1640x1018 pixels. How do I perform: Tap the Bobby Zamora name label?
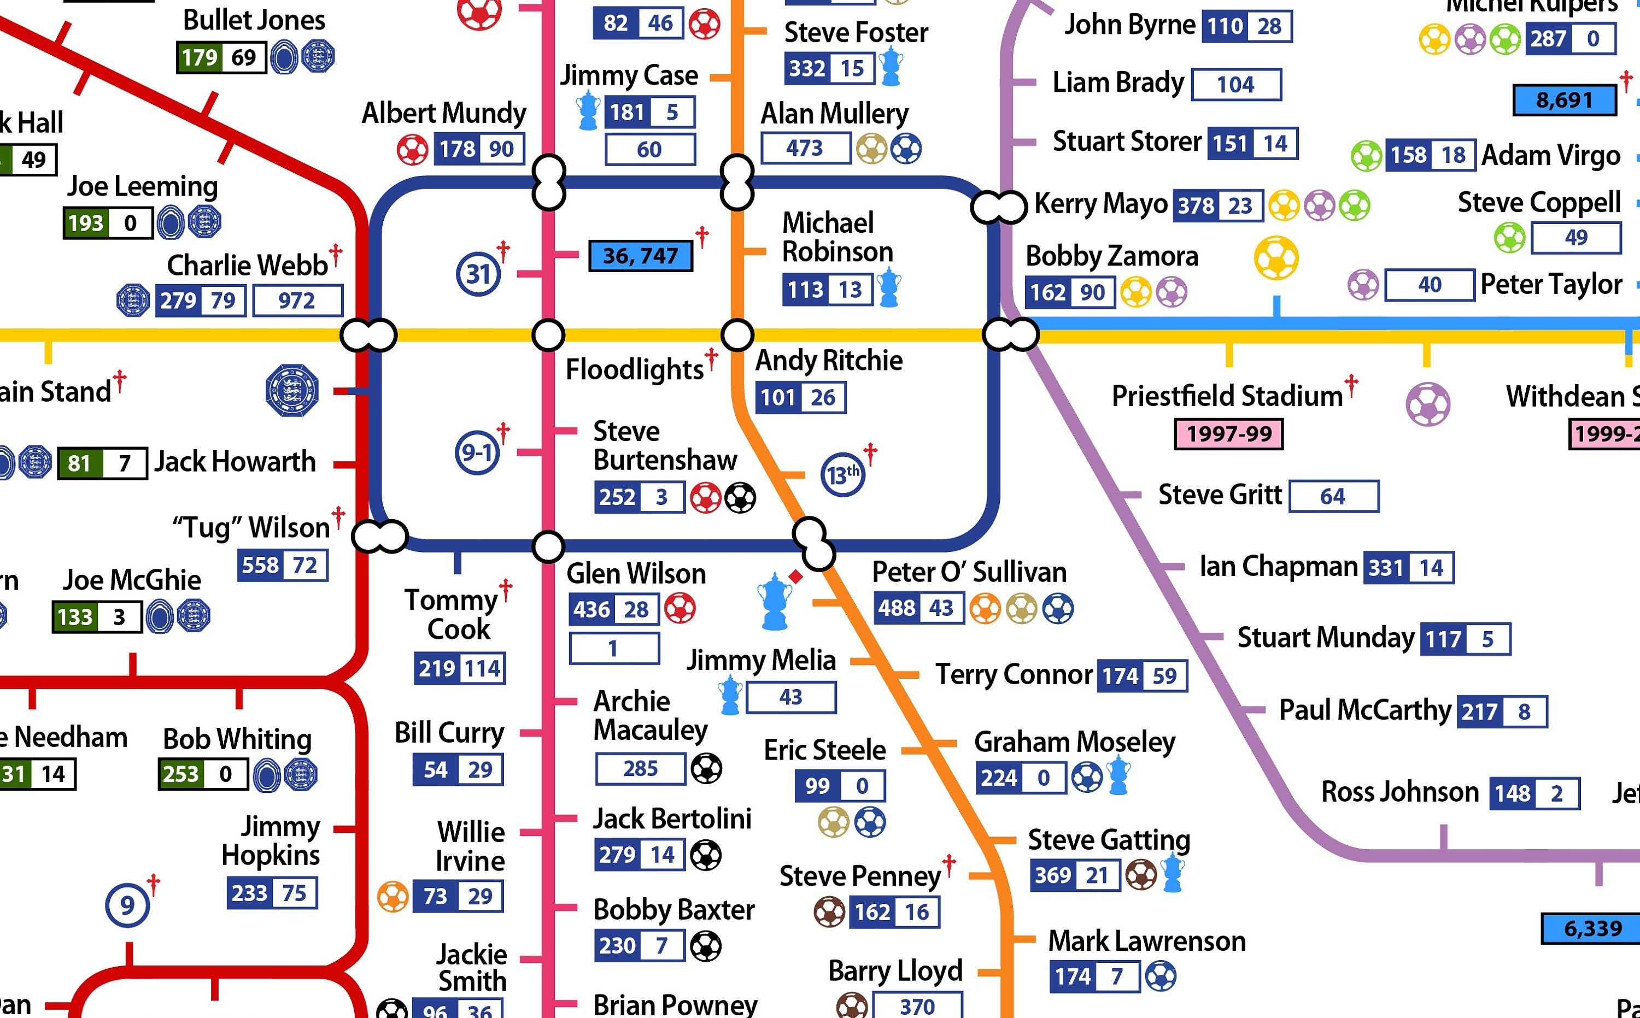(x=1111, y=256)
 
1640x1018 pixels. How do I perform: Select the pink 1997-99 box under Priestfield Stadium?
(x=1228, y=434)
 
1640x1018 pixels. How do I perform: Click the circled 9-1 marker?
(x=477, y=452)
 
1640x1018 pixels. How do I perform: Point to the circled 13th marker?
(x=842, y=475)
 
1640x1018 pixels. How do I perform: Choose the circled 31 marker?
(x=478, y=274)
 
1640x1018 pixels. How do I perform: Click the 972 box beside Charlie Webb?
(x=297, y=301)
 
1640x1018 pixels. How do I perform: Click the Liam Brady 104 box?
(x=1236, y=85)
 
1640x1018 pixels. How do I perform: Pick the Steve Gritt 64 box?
(x=1333, y=497)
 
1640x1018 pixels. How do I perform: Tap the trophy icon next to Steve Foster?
(x=892, y=66)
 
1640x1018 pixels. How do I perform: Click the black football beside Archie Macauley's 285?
(x=706, y=768)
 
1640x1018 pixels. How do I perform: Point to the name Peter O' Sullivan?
(x=969, y=572)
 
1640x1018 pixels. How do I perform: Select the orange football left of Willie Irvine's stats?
(x=393, y=896)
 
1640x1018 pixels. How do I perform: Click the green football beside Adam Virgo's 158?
(x=1367, y=156)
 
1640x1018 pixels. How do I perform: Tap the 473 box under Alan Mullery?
(x=805, y=148)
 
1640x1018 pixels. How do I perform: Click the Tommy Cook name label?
(x=451, y=614)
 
